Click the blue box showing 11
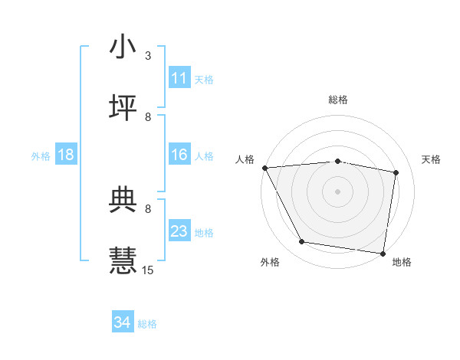coord(179,78)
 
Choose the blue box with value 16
coord(179,155)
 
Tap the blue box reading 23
coord(179,231)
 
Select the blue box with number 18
coord(66,155)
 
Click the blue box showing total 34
coord(123,322)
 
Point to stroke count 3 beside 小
coord(148,56)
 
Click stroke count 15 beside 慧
coord(148,270)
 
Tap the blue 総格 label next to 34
coord(147,324)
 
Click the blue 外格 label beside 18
coord(41,156)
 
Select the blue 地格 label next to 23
coord(204,233)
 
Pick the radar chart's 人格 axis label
coord(245,159)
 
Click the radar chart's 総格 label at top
coord(338,100)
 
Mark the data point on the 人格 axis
coord(264,168)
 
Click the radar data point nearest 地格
coord(383,253)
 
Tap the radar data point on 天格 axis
coord(396,172)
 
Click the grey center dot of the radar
coord(338,191)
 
